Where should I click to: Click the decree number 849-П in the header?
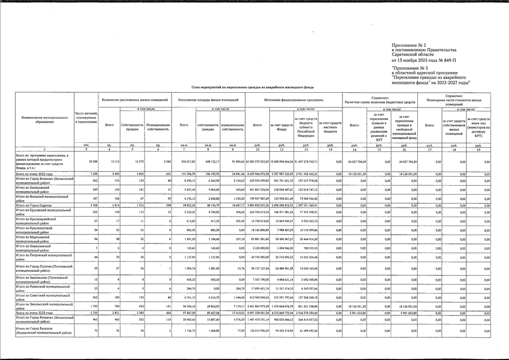[x=449, y=59]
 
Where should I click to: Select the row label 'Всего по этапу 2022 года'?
[x=39, y=174]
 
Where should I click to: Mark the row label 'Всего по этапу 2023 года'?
[x=39, y=312]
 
